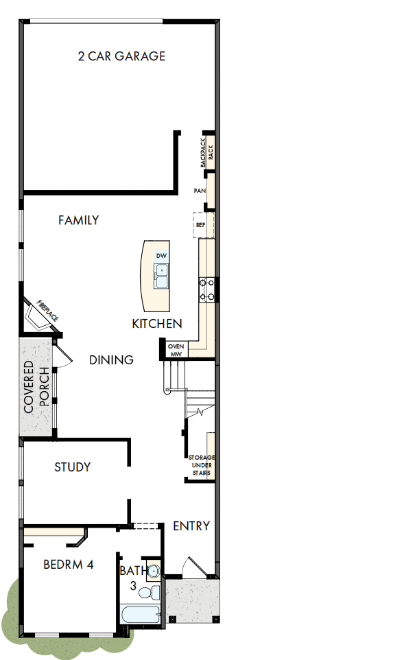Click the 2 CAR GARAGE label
[x=121, y=56]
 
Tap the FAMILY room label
[x=78, y=220]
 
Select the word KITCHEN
[x=157, y=323]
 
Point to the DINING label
[x=111, y=360]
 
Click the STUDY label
[x=73, y=467]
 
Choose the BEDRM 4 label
[x=69, y=565]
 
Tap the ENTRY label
[x=191, y=526]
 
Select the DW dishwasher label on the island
[x=162, y=256]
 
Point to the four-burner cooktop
[x=207, y=289]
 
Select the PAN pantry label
[x=200, y=191]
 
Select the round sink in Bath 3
[x=154, y=570]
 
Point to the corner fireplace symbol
[x=39, y=316]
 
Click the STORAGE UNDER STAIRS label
[x=201, y=464]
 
